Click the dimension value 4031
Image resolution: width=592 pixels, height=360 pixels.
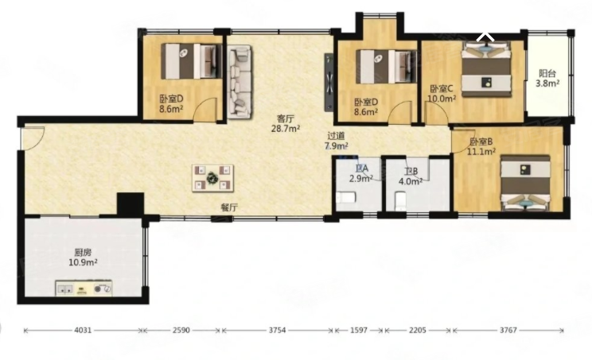click(83, 331)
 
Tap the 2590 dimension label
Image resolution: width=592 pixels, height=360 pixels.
click(181, 331)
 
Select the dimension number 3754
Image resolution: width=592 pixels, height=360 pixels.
click(277, 331)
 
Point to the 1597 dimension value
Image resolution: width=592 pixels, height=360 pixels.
click(359, 331)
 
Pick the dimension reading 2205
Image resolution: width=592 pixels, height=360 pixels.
click(418, 331)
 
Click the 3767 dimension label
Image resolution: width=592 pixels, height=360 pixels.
click(508, 331)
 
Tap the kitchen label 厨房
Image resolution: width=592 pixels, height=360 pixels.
click(83, 252)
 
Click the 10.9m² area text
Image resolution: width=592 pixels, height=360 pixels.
click(83, 262)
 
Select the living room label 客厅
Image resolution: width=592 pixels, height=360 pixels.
click(286, 118)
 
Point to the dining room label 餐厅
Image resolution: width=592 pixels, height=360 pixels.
click(229, 207)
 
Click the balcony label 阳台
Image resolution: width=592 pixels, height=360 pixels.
click(547, 73)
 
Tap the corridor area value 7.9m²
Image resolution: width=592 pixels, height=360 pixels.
click(337, 145)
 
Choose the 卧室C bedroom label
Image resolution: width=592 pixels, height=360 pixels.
click(442, 89)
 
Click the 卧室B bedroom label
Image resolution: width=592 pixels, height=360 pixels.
click(481, 142)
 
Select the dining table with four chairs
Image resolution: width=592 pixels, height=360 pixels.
click(212, 178)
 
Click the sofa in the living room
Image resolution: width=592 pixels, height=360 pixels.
click(240, 82)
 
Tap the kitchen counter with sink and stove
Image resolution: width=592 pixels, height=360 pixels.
click(84, 288)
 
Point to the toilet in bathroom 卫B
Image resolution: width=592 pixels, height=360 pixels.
click(400, 201)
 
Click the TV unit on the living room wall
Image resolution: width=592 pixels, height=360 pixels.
click(329, 82)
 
